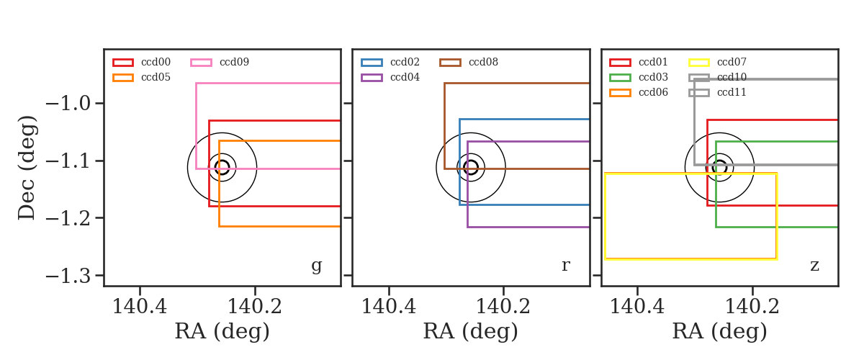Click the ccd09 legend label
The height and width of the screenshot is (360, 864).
click(234, 62)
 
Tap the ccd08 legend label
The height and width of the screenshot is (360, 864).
click(483, 62)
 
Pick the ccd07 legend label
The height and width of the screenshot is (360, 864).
click(732, 62)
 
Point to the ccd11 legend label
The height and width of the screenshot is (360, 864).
click(732, 92)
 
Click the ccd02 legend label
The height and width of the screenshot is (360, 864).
click(405, 62)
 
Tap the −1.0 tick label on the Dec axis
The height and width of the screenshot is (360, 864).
click(68, 104)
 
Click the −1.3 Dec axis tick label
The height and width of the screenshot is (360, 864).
click(68, 276)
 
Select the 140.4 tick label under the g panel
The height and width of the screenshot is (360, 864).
click(140, 307)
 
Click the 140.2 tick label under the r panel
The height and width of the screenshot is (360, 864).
click(503, 307)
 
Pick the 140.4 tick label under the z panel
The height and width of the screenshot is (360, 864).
click(637, 307)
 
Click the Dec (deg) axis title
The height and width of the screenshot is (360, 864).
click(27, 168)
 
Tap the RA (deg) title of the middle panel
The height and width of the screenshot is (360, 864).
click(471, 331)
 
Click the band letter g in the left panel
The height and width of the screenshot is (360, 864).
click(316, 266)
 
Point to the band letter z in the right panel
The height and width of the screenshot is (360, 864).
click(814, 266)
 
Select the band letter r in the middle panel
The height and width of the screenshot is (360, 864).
click(565, 266)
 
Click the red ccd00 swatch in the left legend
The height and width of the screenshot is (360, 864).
click(123, 63)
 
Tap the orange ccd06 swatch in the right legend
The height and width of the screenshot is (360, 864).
click(620, 93)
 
